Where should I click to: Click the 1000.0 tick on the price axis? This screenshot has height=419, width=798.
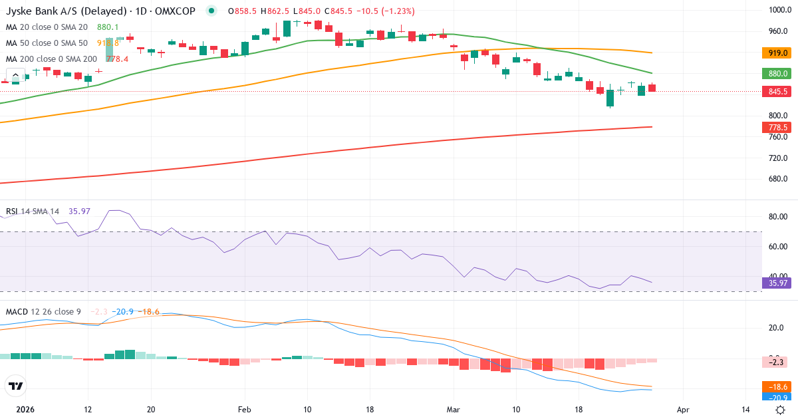point(777,10)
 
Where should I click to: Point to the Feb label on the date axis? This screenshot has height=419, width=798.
point(245,410)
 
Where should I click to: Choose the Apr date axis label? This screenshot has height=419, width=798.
point(682,410)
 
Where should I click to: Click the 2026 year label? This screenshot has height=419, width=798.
point(25,410)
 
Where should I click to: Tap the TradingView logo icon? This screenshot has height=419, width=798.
point(15,386)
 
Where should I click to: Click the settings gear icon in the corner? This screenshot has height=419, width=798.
point(780,410)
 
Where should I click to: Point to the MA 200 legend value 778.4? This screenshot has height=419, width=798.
point(117,59)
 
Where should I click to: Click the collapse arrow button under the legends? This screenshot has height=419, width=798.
point(15,74)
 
